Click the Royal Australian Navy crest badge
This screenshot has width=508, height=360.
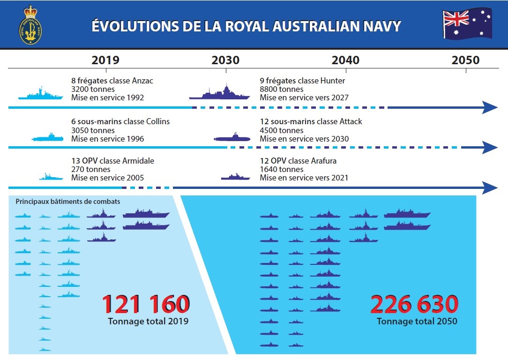[30, 25]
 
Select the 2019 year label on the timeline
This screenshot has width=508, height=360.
[105, 60]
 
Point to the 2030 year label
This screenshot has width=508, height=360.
[225, 60]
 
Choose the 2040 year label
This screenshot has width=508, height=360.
[345, 60]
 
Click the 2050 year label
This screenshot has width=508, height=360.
[465, 60]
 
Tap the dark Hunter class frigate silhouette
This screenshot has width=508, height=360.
[219, 92]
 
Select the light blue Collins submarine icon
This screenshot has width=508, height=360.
[48, 137]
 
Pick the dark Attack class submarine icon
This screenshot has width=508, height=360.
[232, 137]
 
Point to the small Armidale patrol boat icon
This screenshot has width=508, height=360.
[51, 177]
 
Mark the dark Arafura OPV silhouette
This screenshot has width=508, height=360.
[236, 177]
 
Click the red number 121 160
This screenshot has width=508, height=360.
[146, 304]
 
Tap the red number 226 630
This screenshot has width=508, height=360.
[414, 304]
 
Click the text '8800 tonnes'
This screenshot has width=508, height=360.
[282, 89]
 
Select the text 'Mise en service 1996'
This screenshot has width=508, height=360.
[108, 139]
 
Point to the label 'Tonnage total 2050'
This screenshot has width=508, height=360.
[417, 321]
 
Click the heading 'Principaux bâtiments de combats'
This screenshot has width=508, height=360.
[67, 202]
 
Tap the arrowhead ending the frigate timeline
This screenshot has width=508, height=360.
[490, 107]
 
